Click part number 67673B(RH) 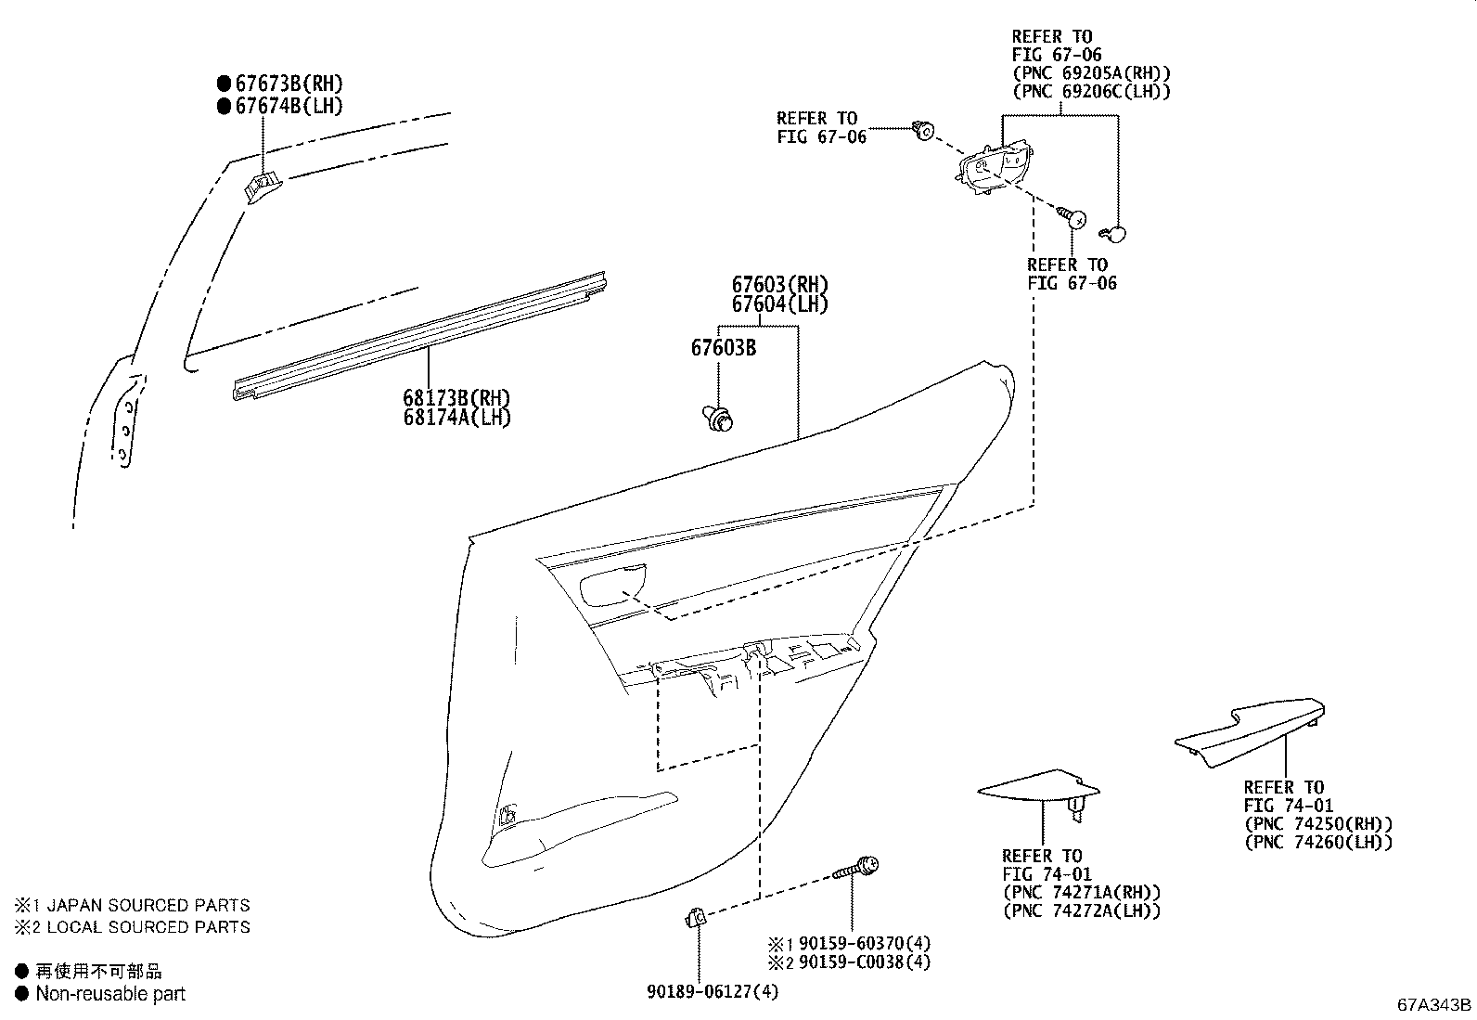point(289,84)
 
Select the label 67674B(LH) point(289,106)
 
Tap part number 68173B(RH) point(456,398)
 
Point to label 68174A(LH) point(456,418)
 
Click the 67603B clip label point(723,348)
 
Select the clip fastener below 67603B point(718,420)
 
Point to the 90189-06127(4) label point(713,992)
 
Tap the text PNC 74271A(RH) point(1081,892)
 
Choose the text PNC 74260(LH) point(1317,842)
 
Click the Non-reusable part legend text point(110,994)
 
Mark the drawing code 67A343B point(1434,1005)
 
